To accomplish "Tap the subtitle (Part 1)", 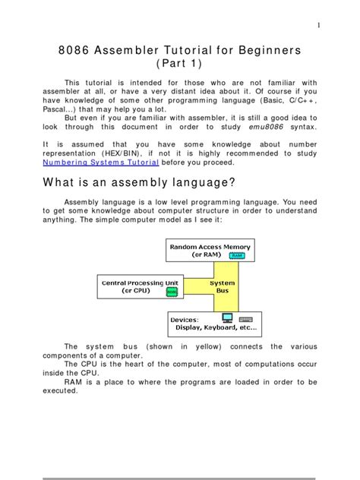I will [180, 64].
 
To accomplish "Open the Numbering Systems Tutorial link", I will [100, 163].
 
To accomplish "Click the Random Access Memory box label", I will [210, 246].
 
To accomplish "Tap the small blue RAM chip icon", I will [236, 256].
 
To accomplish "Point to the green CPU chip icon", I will [171, 291].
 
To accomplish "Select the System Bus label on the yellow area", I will [223, 285].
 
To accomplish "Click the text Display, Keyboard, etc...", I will [216, 328].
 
